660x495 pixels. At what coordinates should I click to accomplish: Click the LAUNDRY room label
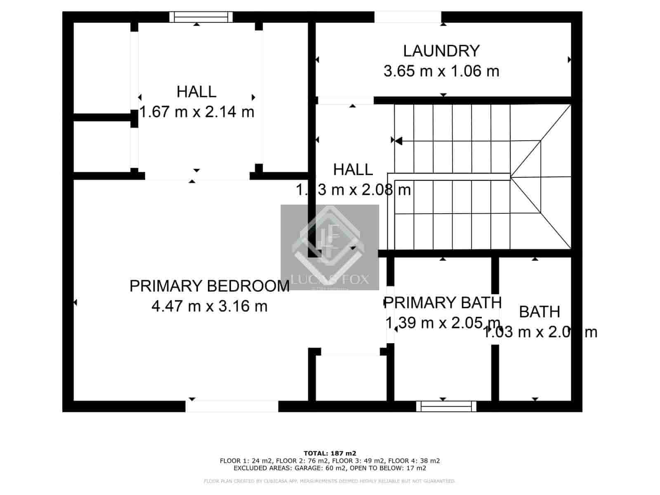pyautogui.click(x=441, y=51)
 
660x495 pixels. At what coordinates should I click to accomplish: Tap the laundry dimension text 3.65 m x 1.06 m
pyautogui.click(x=441, y=71)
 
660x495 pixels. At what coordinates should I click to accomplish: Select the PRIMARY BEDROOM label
pyautogui.click(x=209, y=286)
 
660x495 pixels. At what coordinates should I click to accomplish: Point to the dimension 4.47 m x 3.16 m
pyautogui.click(x=209, y=306)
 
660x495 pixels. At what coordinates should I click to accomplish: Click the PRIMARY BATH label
pyautogui.click(x=443, y=302)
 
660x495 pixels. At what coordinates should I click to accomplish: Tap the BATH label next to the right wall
pyautogui.click(x=539, y=312)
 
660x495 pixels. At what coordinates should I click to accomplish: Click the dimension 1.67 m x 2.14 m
pyautogui.click(x=197, y=112)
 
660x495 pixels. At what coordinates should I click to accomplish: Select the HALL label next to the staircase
pyautogui.click(x=353, y=170)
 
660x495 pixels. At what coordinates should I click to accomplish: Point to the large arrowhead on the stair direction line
pyautogui.click(x=398, y=141)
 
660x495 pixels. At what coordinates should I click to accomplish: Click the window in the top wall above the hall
pyautogui.click(x=201, y=17)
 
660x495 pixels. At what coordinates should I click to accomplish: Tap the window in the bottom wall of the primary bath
pyautogui.click(x=446, y=406)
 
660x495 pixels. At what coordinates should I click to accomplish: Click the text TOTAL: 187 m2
pyautogui.click(x=330, y=453)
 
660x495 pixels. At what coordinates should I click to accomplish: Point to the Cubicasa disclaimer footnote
pyautogui.click(x=330, y=481)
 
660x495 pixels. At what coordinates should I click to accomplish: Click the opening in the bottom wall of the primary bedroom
pyautogui.click(x=232, y=406)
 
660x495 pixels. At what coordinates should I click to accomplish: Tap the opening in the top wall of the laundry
pyautogui.click(x=408, y=17)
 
